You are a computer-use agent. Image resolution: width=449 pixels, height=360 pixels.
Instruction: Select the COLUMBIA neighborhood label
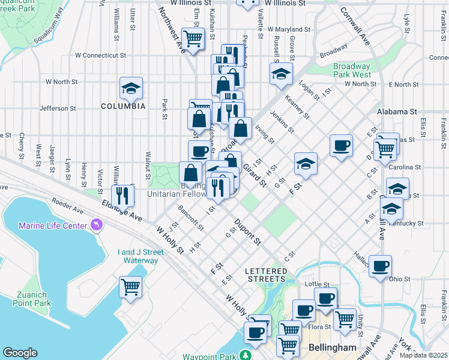pos(123,106)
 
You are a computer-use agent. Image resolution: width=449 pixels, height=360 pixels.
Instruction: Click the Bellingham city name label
pos(333,347)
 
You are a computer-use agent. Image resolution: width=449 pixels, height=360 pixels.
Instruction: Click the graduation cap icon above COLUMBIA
pos(131,88)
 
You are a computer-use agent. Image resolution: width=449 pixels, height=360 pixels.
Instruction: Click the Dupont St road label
pos(247,232)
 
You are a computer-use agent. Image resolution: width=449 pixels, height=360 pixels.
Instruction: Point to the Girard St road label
pos(255,174)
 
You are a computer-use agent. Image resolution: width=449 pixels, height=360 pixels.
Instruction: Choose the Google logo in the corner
pos(20,353)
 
